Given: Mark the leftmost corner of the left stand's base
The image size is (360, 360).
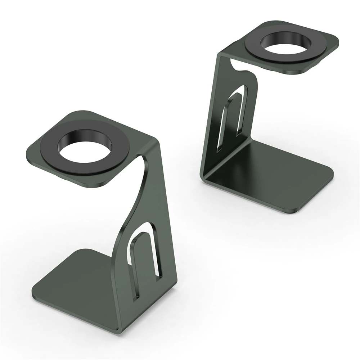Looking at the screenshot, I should [33, 288].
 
